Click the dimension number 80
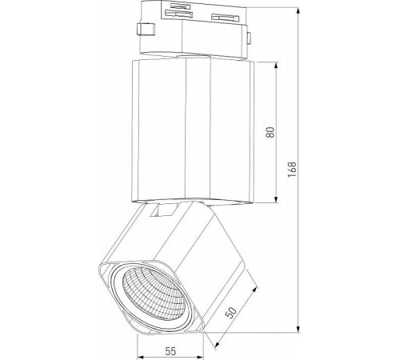pos(270,131)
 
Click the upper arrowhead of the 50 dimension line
pos(258,284)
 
